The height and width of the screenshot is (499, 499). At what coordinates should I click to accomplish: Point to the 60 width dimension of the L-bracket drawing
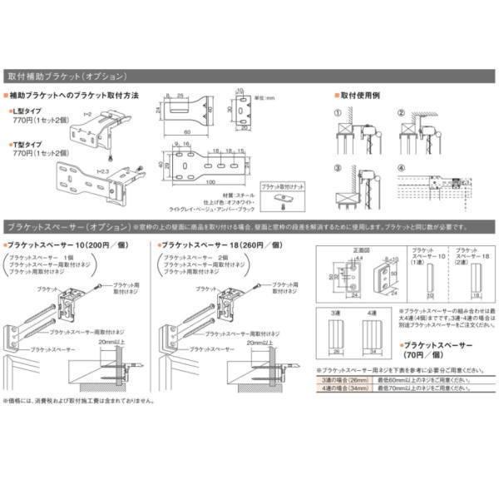[x=190, y=131]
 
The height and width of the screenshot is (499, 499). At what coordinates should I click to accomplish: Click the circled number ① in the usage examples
[x=338, y=113]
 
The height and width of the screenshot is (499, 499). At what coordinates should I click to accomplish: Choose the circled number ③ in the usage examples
[x=338, y=168]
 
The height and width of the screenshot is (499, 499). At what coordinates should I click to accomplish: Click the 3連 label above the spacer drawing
[x=336, y=313]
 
